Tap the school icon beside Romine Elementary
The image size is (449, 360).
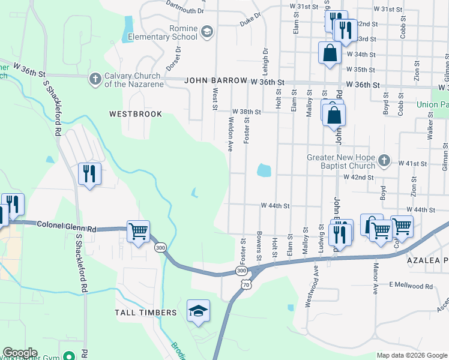[206, 32]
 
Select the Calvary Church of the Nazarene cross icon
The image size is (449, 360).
[95, 78]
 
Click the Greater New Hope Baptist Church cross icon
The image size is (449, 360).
[385, 161]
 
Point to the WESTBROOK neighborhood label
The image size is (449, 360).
[136, 113]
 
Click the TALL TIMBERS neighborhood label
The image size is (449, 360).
[146, 313]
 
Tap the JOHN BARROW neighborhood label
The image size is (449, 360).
[215, 80]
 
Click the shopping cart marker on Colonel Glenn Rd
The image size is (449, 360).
[138, 231]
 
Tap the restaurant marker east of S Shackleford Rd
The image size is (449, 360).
[89, 174]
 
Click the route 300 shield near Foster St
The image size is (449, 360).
[241, 271]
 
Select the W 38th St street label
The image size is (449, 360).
[247, 112]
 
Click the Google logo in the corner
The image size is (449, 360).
[20, 353]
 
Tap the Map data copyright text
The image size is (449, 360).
[412, 355]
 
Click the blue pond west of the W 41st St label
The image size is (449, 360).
[264, 170]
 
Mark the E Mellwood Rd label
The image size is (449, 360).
[411, 286]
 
